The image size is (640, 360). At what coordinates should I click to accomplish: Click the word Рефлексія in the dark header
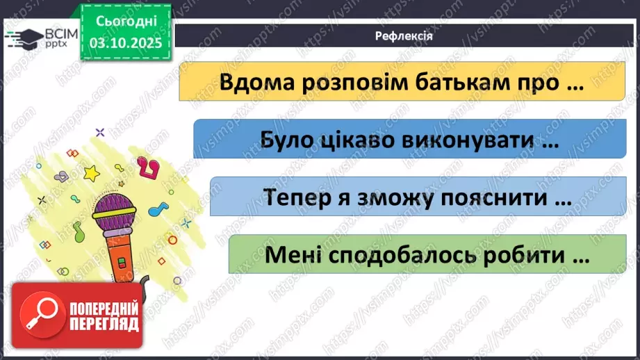404,37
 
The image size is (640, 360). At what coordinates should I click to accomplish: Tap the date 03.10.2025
125,42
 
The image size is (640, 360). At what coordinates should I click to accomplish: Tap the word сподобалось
397,254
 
